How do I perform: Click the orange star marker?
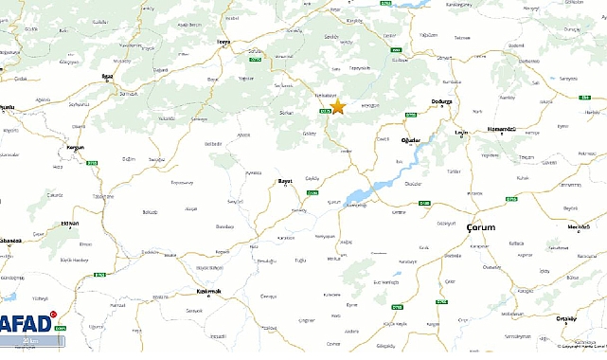point(338,107)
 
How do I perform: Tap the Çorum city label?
point(481,228)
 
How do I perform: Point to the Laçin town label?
point(461,132)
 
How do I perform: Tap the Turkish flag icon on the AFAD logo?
point(54,314)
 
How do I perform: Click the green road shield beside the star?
point(325,112)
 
